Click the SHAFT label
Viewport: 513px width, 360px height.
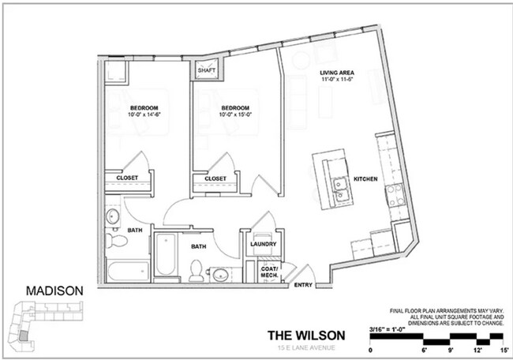(x=207, y=70)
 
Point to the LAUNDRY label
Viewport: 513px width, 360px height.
(x=262, y=244)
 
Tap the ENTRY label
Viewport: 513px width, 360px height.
(x=303, y=285)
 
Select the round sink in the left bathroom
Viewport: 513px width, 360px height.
(x=112, y=216)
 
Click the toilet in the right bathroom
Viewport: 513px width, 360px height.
(x=195, y=270)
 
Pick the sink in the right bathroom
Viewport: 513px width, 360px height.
(x=220, y=273)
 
